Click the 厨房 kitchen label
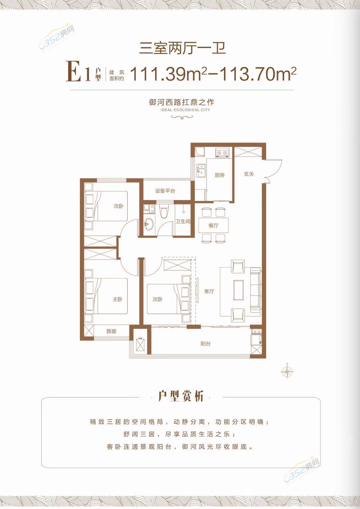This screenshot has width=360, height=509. pyautogui.click(x=220, y=175)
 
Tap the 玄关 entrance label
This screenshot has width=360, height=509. pyautogui.click(x=249, y=174)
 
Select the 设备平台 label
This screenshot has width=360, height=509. pyautogui.click(x=165, y=191)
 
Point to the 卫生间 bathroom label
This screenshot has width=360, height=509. pyautogui.click(x=183, y=221)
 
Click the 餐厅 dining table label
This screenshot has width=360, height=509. pyautogui.click(x=213, y=225)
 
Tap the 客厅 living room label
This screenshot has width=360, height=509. pyautogui.click(x=209, y=291)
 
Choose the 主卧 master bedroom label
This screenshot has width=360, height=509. pyautogui.click(x=117, y=299)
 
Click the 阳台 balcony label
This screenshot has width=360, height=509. pyautogui.click(x=205, y=344)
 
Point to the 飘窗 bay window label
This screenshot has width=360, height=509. pyautogui.click(x=111, y=331)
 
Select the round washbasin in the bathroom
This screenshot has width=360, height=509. pyautogui.click(x=149, y=224)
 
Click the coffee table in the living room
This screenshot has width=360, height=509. pyautogui.click(x=238, y=291)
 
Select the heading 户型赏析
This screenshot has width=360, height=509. pyautogui.click(x=181, y=396)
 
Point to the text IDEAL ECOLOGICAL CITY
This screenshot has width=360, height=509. pyautogui.click(x=182, y=110)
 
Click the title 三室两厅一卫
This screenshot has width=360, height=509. pyautogui.click(x=183, y=48)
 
